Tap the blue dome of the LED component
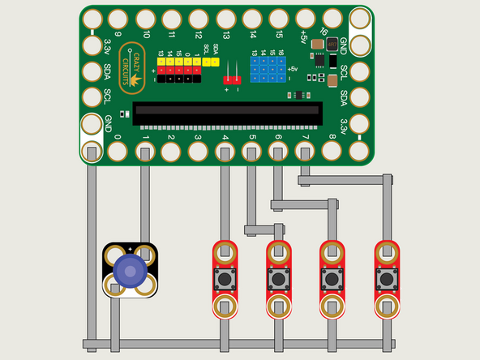click(x=130, y=271)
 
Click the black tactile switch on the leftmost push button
click(x=225, y=279)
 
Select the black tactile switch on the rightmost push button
click(x=385, y=279)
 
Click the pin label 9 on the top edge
click(x=118, y=35)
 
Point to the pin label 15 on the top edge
click(x=279, y=35)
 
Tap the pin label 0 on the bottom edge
click(x=118, y=137)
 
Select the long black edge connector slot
click(x=227, y=114)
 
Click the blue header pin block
click(x=268, y=70)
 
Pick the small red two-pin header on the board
click(x=233, y=79)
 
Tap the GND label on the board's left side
click(x=108, y=124)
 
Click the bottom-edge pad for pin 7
click(x=305, y=152)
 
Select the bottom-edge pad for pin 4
click(x=225, y=152)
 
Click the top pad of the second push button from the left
click(x=278, y=251)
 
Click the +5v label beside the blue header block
click(x=291, y=70)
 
